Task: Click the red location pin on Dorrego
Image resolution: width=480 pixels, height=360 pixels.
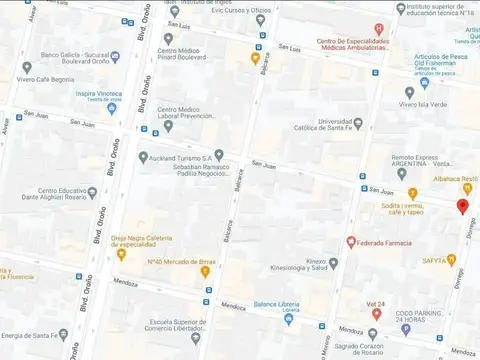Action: click(461, 206)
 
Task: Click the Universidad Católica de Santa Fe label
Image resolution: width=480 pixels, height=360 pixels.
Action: click(348, 127)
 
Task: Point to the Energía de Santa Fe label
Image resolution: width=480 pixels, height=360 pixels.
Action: click(40, 335)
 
